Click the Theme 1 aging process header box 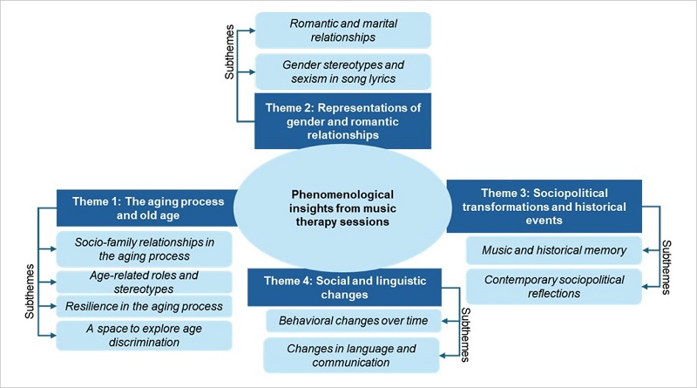click(146, 208)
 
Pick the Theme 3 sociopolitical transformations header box click(544, 206)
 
